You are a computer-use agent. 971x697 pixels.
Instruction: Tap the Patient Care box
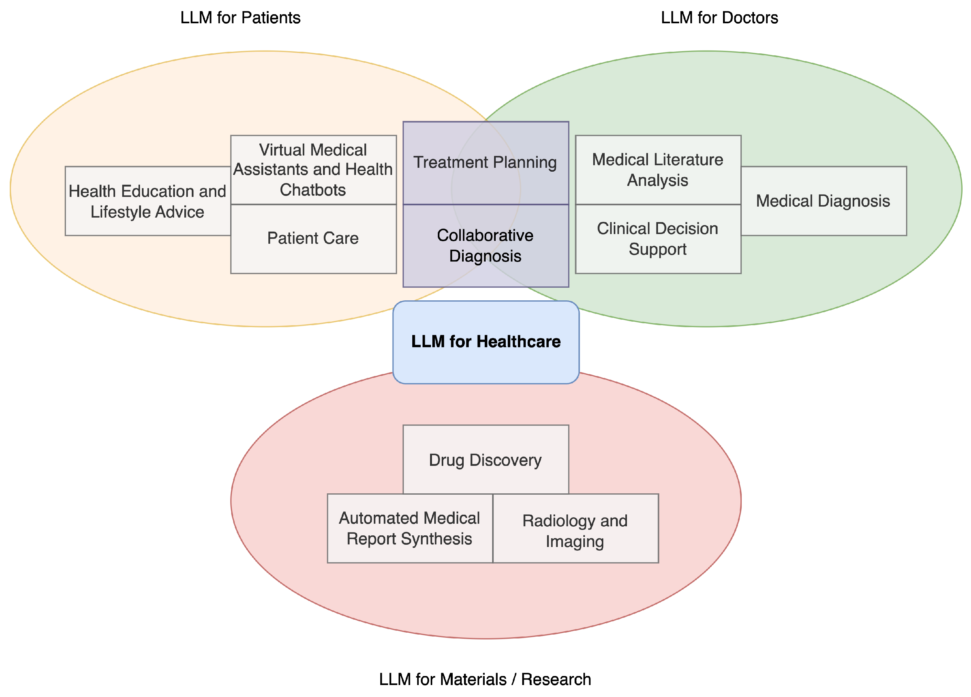point(313,239)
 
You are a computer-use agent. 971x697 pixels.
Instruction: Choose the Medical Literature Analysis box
point(658,170)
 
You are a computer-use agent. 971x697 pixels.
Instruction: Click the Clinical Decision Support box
point(658,239)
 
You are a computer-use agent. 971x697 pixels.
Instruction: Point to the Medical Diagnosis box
point(823,201)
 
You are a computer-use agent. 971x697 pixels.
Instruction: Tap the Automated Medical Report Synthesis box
point(410,528)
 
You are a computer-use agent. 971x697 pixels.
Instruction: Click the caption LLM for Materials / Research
point(485,680)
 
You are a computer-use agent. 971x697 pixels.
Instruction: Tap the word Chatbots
point(313,190)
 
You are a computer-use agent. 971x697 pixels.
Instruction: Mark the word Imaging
point(575,542)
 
